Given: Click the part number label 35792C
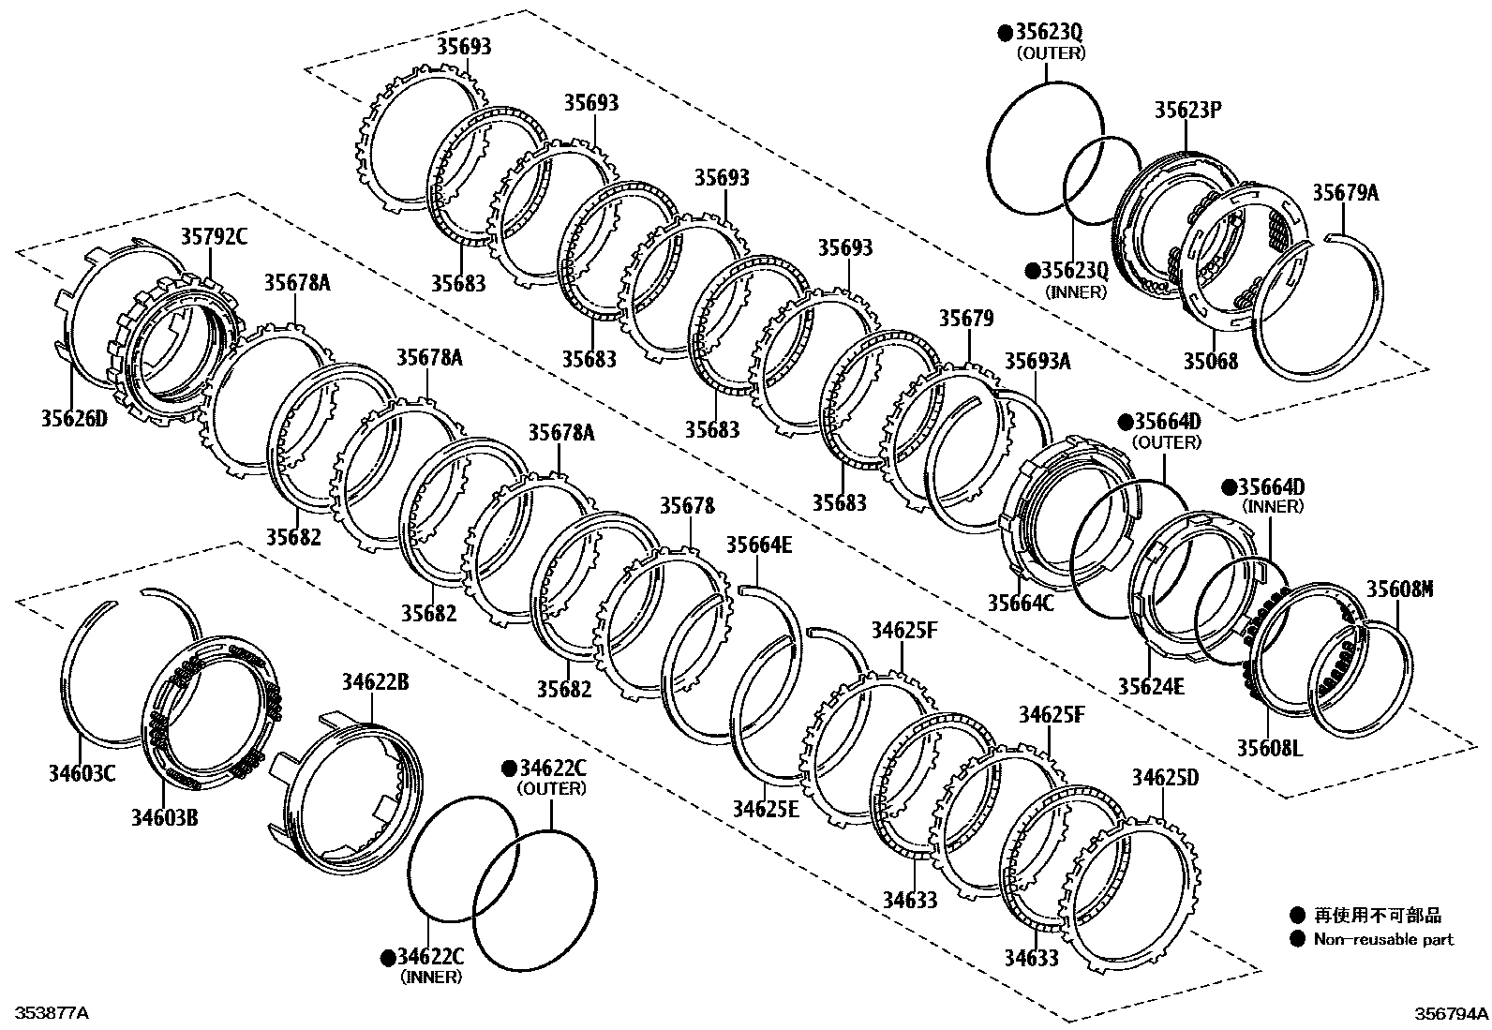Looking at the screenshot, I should tap(214, 237).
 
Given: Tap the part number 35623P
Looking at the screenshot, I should tap(1186, 110).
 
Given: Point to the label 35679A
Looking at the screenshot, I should tap(1345, 193).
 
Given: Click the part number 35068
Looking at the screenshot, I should tap(1210, 361).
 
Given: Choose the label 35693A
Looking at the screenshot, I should tap(1037, 361).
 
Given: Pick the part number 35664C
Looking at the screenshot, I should tap(1021, 603).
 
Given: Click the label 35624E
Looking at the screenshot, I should tap(1150, 686).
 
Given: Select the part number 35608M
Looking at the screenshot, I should tap(1399, 590).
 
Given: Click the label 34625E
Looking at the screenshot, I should tap(766, 808).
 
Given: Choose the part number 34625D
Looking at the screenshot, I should tap(1165, 777).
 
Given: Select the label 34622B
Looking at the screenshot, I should tap(374, 681).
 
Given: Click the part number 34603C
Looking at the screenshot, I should tap(82, 773).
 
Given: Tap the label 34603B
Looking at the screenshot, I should tap(164, 817).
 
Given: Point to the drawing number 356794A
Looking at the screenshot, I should tap(1451, 1014).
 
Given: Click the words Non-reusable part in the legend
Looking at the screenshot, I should tap(1382, 939).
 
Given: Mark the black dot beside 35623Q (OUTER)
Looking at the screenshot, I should tap(1005, 33).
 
